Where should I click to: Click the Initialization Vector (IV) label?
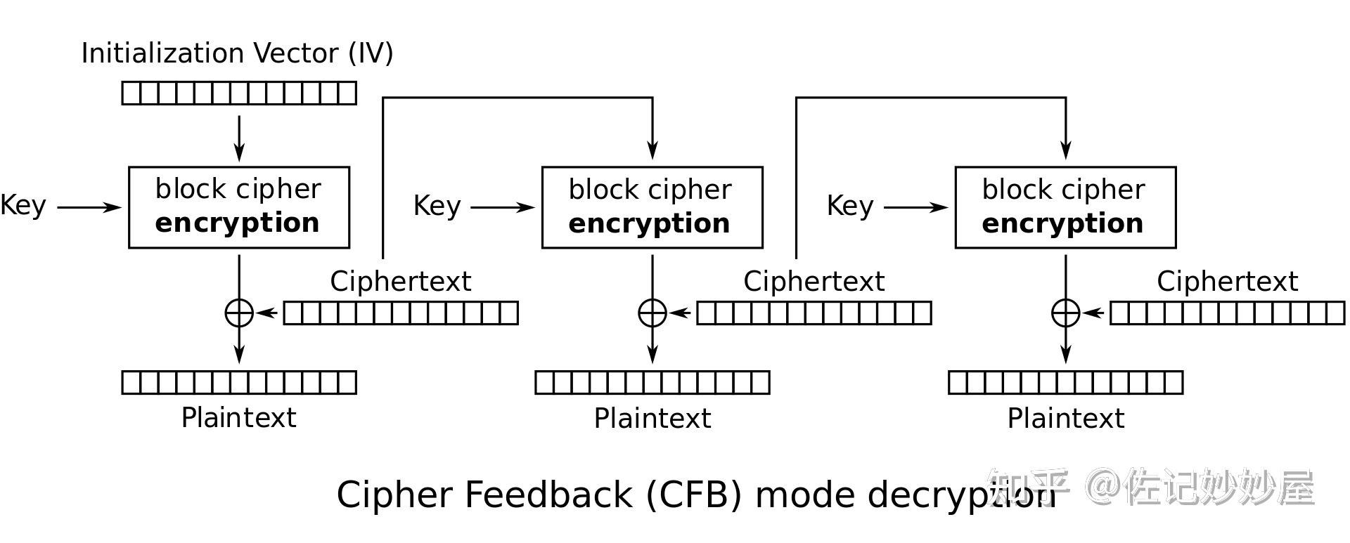237,53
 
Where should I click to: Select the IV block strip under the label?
239,93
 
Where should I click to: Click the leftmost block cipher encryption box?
239,207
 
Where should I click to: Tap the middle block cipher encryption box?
652,207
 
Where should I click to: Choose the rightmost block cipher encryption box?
1065,207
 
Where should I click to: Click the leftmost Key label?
23,205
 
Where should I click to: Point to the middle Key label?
437,206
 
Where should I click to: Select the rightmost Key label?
850,206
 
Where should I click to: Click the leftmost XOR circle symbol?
239,313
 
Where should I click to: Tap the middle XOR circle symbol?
652,313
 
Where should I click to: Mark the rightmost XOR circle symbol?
1066,313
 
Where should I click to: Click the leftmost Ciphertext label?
401,281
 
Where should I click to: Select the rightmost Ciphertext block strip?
1227,313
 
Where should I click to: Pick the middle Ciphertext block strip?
814,313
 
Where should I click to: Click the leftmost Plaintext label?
239,418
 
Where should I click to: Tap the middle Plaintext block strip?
652,382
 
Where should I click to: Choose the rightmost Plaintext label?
1066,419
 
